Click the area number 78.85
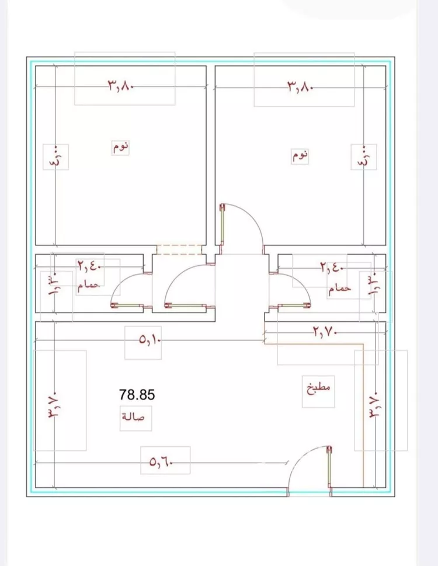(137, 394)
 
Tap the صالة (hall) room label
(134, 416)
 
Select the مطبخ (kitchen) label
(319, 387)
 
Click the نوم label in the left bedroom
(121, 147)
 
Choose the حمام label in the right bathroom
(339, 289)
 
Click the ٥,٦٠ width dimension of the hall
(161, 461)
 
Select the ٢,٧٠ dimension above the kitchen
(324, 332)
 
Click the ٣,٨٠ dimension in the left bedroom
(121, 86)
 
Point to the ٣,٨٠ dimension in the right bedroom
(300, 86)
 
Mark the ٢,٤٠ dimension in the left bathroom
(89, 267)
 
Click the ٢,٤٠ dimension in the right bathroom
(332, 268)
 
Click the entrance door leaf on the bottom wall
(329, 467)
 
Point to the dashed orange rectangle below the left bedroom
(179, 249)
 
